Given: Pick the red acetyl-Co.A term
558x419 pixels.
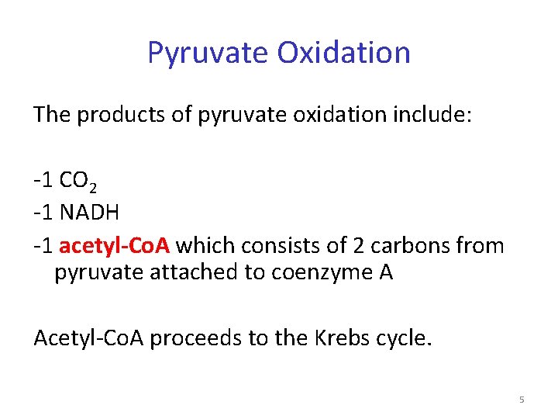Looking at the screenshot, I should (115, 246).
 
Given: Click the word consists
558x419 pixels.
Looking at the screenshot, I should (275, 246).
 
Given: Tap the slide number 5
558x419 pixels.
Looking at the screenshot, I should (522, 400).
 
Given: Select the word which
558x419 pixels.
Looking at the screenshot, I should (205, 246).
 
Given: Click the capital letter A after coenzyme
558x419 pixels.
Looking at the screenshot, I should (385, 274).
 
